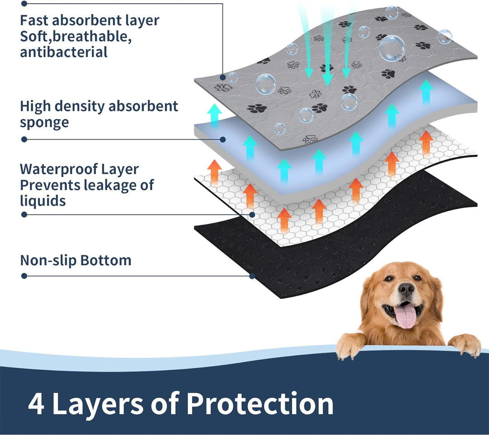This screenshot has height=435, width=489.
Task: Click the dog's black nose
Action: pyautogui.click(x=406, y=289)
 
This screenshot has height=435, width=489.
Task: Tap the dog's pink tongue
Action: pyautogui.click(x=406, y=316)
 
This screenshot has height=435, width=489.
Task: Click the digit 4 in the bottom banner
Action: pyautogui.click(x=36, y=404)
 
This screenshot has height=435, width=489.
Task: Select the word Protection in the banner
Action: pyautogui.click(x=260, y=403)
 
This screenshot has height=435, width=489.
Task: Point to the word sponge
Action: pyautogui.click(x=44, y=122)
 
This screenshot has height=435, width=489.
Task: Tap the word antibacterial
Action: pyautogui.click(x=64, y=52)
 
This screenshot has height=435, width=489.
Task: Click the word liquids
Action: pyautogui.click(x=43, y=201)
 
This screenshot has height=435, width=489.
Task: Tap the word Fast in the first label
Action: pyautogui.click(x=34, y=20)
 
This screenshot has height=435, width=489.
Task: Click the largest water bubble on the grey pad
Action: pyautogui.click(x=392, y=48)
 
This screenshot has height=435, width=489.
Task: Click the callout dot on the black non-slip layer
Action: pyautogui.click(x=252, y=276)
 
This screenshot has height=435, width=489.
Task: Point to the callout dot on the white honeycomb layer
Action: pyautogui.click(x=252, y=215)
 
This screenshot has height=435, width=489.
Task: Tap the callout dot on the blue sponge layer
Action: pyautogui.click(x=223, y=139)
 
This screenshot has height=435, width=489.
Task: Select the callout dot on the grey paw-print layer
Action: pyautogui.click(x=223, y=77)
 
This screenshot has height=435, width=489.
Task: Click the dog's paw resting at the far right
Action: pyautogui.click(x=465, y=344)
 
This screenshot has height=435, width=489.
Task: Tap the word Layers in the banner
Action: pyautogui.click(x=98, y=404)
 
